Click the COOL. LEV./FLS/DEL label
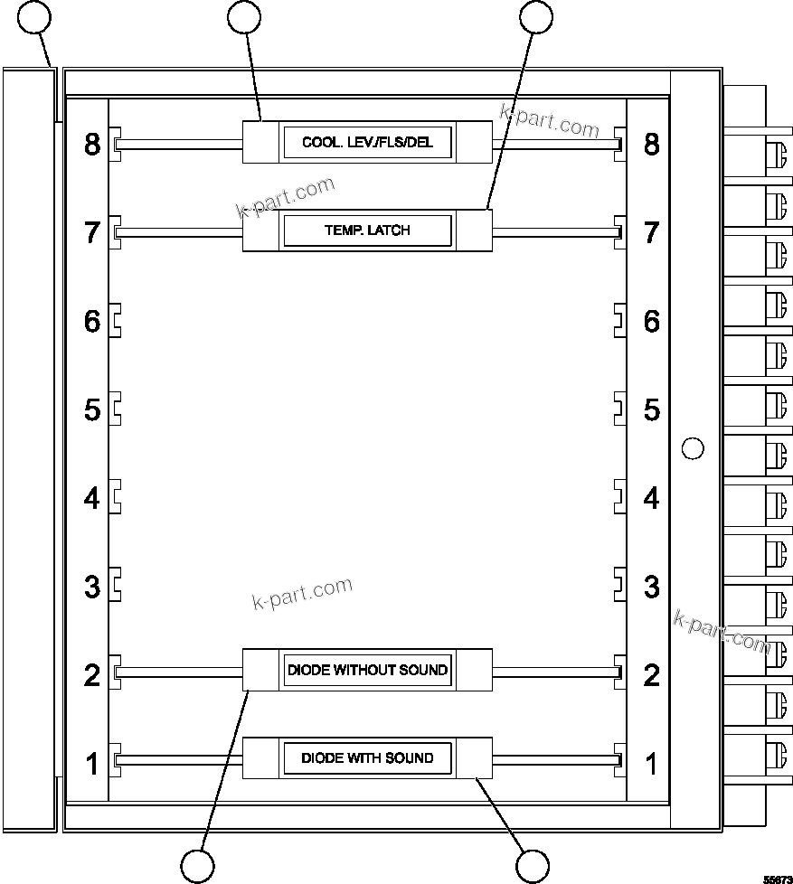(367, 143)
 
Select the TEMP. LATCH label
(367, 230)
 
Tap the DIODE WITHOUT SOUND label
(367, 670)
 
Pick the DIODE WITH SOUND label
(367, 757)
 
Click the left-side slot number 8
(92, 144)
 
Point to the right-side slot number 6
(651, 321)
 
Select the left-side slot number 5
(92, 409)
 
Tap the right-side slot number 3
(651, 587)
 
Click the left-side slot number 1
(92, 764)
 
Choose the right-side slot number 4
(651, 498)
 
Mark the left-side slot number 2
(92, 675)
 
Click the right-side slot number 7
(651, 232)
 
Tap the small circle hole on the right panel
(692, 447)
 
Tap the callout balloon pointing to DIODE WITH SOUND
(533, 866)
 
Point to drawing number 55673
(775, 878)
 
